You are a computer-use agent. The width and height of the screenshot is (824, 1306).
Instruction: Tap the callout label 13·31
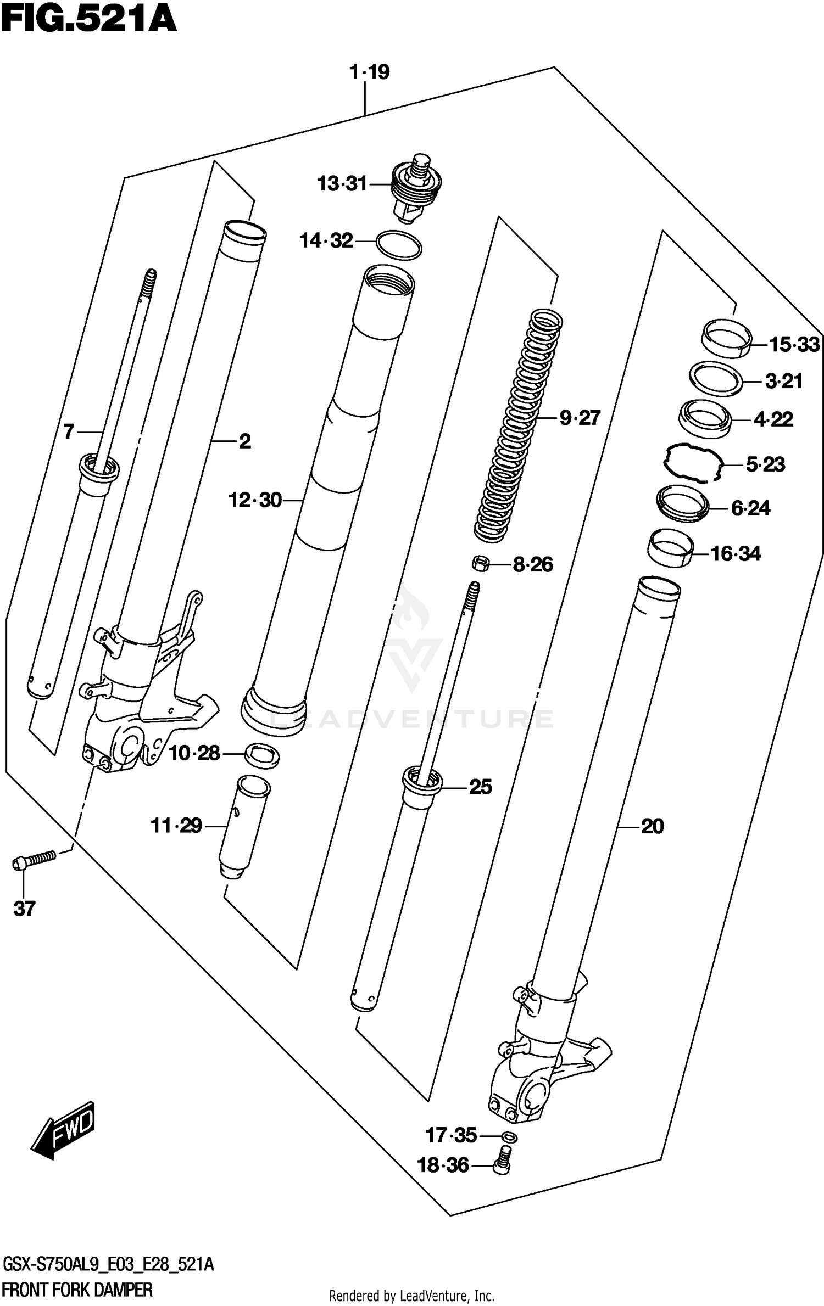tap(342, 183)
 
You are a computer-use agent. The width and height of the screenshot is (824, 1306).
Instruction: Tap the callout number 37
tap(24, 909)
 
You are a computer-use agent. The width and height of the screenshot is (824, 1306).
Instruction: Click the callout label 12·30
tap(255, 500)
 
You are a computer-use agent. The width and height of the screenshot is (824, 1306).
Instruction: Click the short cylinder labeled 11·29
tap(242, 828)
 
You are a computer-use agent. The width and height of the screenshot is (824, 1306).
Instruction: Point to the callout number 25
tap(480, 787)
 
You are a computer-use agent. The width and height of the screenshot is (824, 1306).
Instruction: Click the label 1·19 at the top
tap(370, 72)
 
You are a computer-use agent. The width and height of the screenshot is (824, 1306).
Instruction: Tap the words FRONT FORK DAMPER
tap(77, 1288)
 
